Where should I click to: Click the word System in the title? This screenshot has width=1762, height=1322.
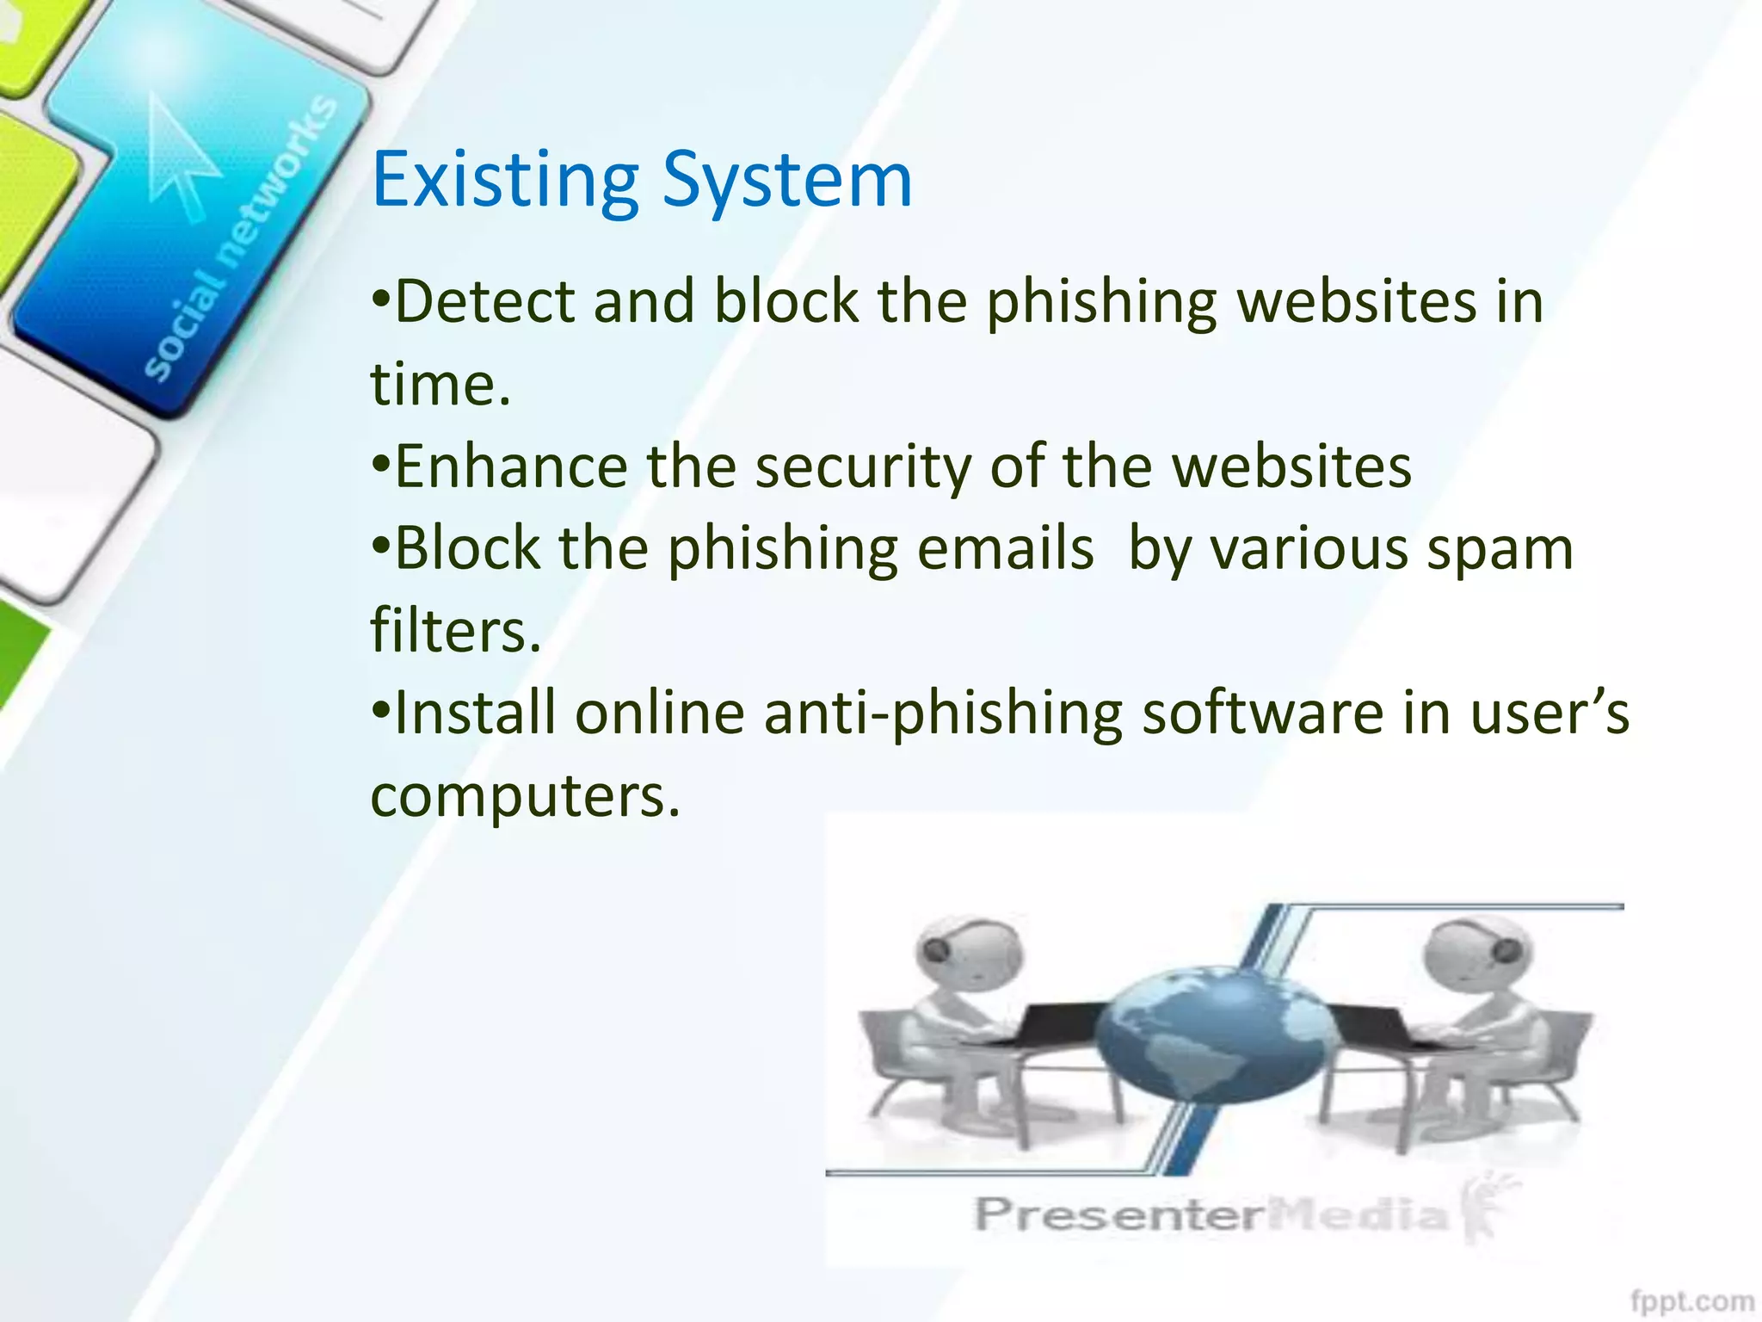pos(787,181)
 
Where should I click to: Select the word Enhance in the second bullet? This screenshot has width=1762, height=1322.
pos(511,466)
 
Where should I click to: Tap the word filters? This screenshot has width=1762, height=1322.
pos(455,630)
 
